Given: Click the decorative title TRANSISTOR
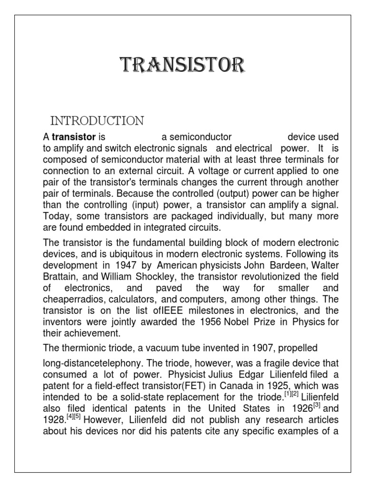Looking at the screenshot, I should pos(182,65).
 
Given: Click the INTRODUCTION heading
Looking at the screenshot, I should pos(97,121).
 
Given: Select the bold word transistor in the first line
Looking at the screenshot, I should pos(74,137).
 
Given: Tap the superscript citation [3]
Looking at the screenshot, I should pos(319,406).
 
